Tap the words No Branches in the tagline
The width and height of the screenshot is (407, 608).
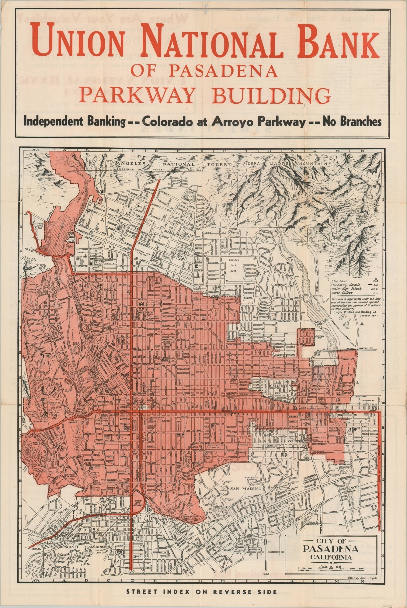(352, 122)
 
